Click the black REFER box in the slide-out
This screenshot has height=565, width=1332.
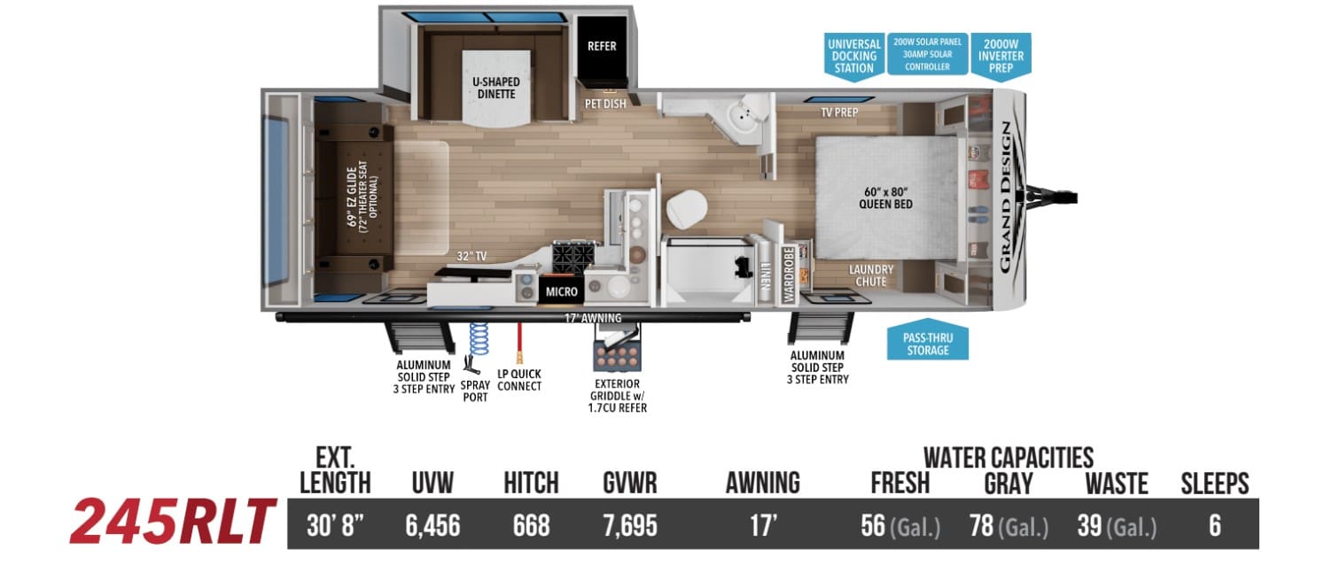(602, 48)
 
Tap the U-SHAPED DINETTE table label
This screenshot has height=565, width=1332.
(496, 88)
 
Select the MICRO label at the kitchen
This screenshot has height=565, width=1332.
(561, 291)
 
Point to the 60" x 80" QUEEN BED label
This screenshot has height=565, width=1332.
(885, 197)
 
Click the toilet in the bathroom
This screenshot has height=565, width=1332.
(687, 208)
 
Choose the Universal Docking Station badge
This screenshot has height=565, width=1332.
(854, 56)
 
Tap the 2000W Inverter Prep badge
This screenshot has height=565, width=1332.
(1001, 56)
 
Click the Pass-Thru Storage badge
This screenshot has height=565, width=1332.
(928, 343)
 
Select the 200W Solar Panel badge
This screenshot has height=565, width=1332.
(927, 54)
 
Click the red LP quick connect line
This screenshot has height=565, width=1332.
(519, 342)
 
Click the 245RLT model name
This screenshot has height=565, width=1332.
(173, 522)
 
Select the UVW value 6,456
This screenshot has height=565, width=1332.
(432, 526)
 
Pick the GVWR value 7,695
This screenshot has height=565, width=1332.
(630, 526)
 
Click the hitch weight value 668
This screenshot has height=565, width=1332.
(531, 526)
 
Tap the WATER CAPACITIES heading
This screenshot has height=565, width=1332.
(1009, 458)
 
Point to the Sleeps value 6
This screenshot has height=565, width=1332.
(1215, 526)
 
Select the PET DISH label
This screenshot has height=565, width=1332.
(605, 104)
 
